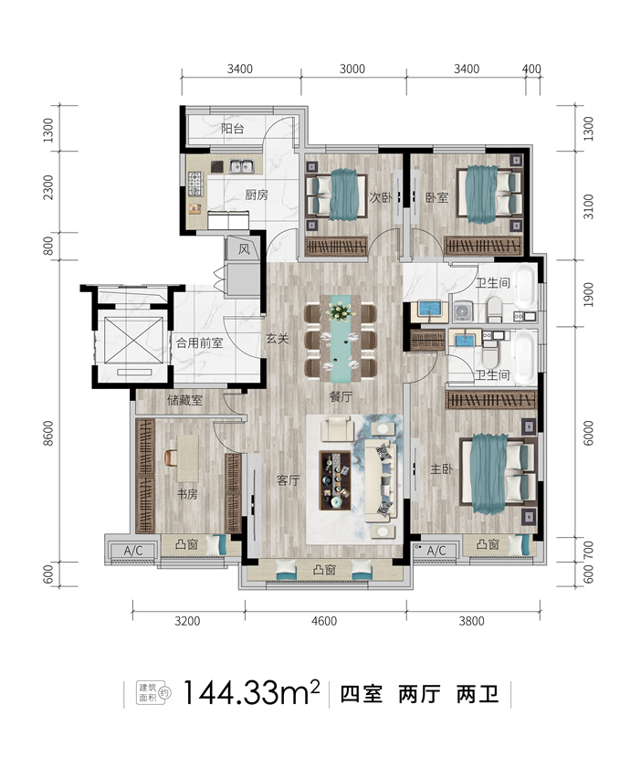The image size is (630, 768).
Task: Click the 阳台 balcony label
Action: pyautogui.click(x=232, y=129)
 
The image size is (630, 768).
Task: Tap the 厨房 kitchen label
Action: pyautogui.click(x=257, y=195)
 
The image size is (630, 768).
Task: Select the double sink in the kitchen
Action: pyautogui.click(x=242, y=166)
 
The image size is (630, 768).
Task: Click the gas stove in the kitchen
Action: pyautogui.click(x=195, y=184)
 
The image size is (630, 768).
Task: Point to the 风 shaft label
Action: pyautogui.click(x=244, y=249)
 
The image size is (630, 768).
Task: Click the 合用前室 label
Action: pyautogui.click(x=199, y=342)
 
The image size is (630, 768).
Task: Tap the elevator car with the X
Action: pyautogui.click(x=133, y=340)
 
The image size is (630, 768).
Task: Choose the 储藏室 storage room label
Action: pyautogui.click(x=184, y=401)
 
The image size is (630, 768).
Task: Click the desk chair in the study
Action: pyautogui.click(x=171, y=458)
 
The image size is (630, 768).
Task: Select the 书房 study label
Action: pyautogui.click(x=187, y=494)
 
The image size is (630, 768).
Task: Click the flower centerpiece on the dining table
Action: pyautogui.click(x=341, y=310)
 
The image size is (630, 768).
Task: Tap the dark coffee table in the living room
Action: pyautogui.click(x=335, y=480)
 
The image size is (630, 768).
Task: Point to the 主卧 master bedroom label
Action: pyautogui.click(x=441, y=468)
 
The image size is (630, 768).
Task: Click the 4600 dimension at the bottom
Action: pyautogui.click(x=324, y=621)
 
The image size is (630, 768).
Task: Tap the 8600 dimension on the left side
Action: pyautogui.click(x=48, y=433)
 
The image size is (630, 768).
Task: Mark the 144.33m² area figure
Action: pyautogui.click(x=251, y=693)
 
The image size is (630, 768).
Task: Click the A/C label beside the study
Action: pyautogui.click(x=133, y=551)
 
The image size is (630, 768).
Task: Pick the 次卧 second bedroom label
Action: pyautogui.click(x=381, y=198)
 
